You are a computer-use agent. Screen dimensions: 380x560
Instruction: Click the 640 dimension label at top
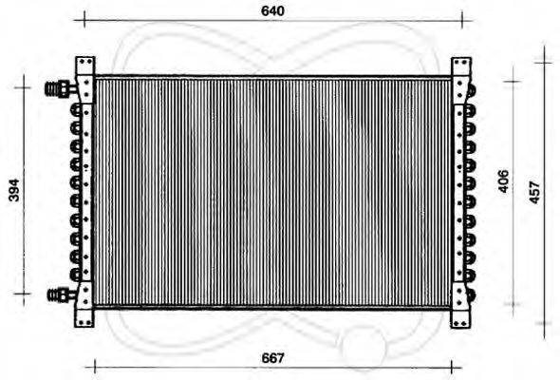click(272, 10)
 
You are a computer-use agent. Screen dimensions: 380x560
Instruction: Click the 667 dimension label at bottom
click(273, 358)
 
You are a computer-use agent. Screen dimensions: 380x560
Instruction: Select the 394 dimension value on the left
click(14, 191)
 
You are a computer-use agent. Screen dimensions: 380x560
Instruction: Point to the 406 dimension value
click(504, 180)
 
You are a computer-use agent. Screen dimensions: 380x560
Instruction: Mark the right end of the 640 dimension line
click(461, 20)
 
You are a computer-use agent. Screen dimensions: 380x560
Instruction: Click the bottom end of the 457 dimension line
click(543, 324)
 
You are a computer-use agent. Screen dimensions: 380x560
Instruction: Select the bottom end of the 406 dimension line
click(513, 304)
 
